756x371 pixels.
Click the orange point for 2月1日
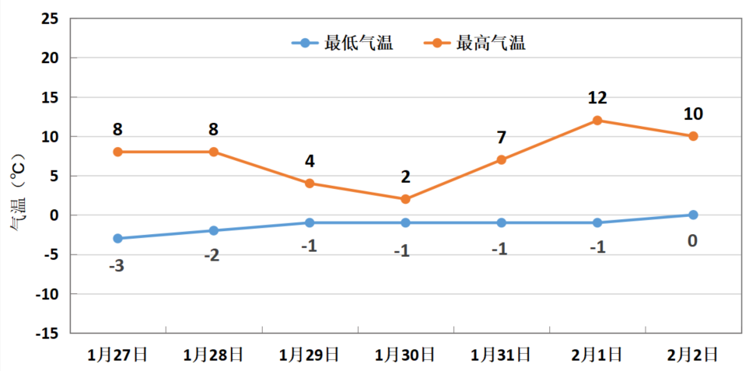pos(597,121)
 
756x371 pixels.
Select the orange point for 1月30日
pos(405,199)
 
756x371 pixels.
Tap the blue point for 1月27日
pos(117,239)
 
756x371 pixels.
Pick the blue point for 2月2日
pos(693,215)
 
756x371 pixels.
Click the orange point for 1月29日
pos(310,184)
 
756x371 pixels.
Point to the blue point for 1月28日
pos(213,231)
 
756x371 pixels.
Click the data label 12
pos(597,98)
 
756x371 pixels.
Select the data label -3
pos(117,266)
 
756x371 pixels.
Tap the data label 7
pos(502,138)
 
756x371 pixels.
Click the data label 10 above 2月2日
pos(693,114)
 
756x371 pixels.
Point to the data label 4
pos(310,161)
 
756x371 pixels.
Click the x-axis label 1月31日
pos(502,355)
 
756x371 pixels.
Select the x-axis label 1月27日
pos(117,355)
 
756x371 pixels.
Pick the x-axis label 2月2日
pos(693,355)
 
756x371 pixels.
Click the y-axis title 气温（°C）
pos(17,194)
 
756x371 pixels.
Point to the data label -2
pos(212,255)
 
